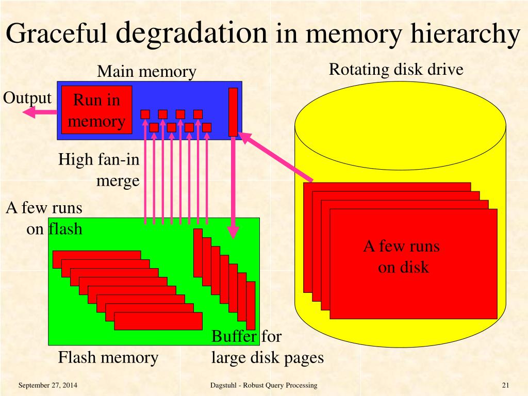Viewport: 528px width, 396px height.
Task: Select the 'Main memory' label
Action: (x=147, y=72)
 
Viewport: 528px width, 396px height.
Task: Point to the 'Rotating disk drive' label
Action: (x=396, y=69)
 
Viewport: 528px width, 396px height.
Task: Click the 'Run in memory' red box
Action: (x=97, y=110)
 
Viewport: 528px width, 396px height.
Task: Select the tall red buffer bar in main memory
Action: (x=233, y=111)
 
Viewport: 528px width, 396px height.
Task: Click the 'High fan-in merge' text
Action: (x=99, y=170)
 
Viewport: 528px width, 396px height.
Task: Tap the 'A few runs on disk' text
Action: (x=402, y=256)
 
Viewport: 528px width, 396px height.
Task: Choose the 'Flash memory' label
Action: (x=108, y=357)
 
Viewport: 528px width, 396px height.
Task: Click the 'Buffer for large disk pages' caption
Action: (x=267, y=348)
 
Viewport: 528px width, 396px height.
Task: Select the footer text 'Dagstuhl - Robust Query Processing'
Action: (x=264, y=386)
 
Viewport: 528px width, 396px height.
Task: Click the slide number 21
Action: (x=505, y=386)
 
